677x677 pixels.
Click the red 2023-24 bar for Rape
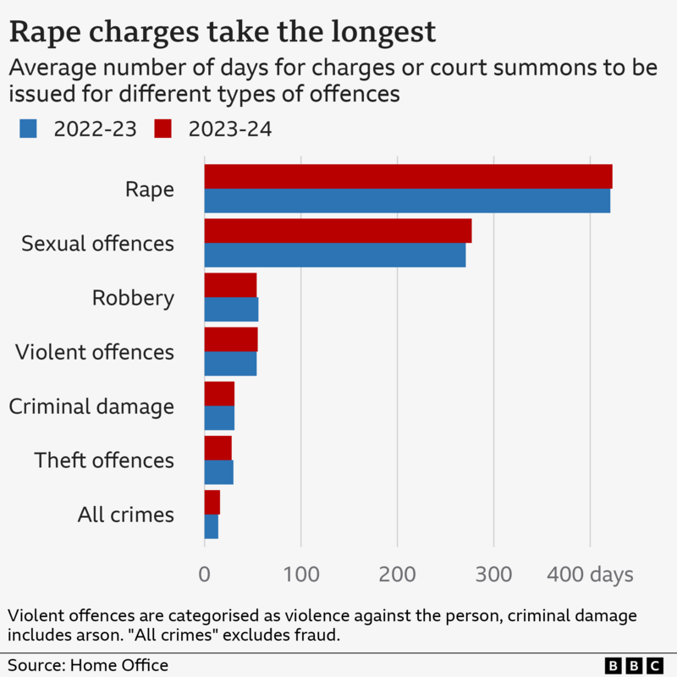(x=408, y=177)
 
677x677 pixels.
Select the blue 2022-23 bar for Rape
(x=407, y=201)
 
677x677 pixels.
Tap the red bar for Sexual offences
(x=338, y=231)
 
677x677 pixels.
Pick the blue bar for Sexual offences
(x=335, y=255)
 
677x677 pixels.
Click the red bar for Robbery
(x=230, y=285)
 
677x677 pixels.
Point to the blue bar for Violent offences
(x=230, y=363)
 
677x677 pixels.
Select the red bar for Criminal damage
(x=219, y=394)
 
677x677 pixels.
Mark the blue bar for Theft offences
(x=218, y=471)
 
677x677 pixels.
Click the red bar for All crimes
(x=212, y=502)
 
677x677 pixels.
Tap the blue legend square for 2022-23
(x=28, y=129)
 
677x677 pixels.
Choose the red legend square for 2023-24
(x=162, y=129)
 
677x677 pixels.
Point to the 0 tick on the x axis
(x=204, y=575)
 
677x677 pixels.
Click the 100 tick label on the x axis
(x=300, y=575)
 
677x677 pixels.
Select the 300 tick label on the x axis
(x=493, y=575)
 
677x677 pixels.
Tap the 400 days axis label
(x=590, y=575)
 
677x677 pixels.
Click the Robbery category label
(x=133, y=298)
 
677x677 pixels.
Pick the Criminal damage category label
(x=91, y=406)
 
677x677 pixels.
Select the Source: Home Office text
(x=88, y=665)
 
